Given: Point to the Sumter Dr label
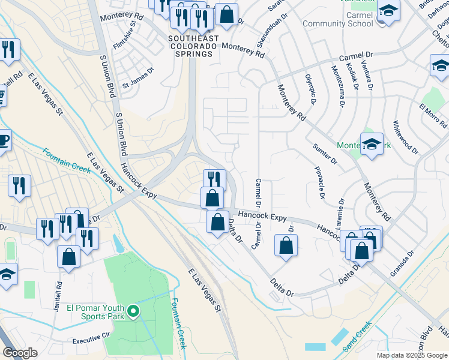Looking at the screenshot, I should point(325,154).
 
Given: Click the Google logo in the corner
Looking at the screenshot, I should point(21,353).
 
